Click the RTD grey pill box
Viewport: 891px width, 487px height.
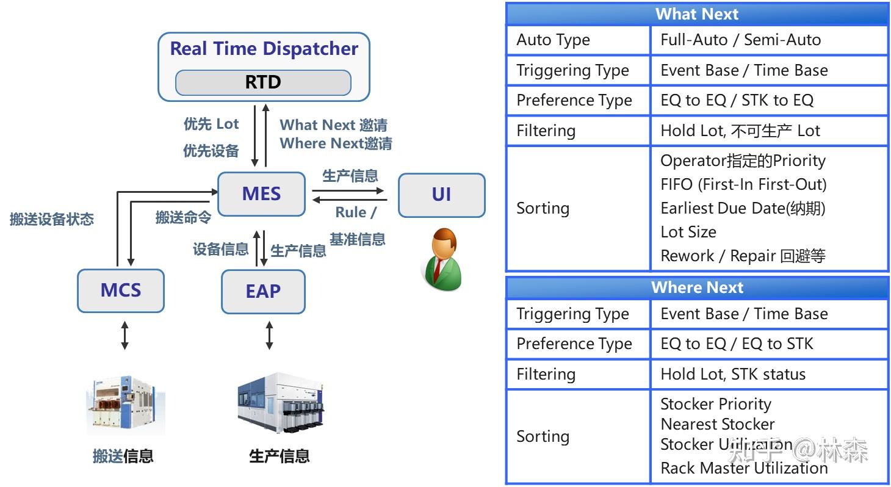pos(263,82)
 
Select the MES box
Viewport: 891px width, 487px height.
pos(261,194)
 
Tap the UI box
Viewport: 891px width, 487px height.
pos(441,195)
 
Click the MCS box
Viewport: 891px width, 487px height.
pos(121,290)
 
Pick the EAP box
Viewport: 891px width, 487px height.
pos(263,292)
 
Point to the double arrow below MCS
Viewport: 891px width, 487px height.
pos(124,336)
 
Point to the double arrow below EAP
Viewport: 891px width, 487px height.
pos(269,336)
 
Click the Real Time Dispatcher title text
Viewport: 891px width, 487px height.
pos(264,49)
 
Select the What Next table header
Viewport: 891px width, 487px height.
pos(696,14)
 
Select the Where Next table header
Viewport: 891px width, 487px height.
pos(696,287)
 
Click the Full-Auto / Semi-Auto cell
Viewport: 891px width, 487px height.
pos(740,40)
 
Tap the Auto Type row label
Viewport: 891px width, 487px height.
pos(553,40)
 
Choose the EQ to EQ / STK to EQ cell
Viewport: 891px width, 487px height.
pos(737,101)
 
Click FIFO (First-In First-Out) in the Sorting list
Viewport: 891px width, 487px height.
pos(743,184)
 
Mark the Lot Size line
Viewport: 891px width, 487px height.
pos(688,232)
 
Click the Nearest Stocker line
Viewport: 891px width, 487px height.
pos(717,424)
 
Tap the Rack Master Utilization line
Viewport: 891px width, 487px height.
pos(743,468)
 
